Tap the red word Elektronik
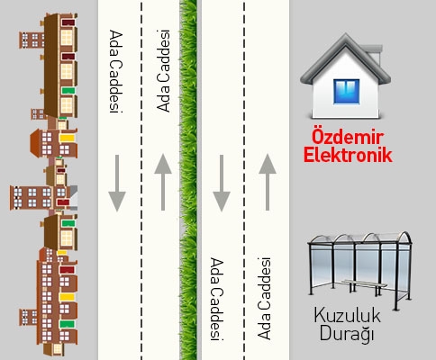point(348,155)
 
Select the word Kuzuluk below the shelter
point(349,316)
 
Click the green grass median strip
point(188,180)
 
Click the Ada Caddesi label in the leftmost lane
point(114,71)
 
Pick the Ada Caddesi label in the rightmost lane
point(264,297)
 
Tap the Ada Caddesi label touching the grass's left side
point(164,71)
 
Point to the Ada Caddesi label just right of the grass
point(216,297)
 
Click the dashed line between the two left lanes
point(141,180)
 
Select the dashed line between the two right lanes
point(241,180)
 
